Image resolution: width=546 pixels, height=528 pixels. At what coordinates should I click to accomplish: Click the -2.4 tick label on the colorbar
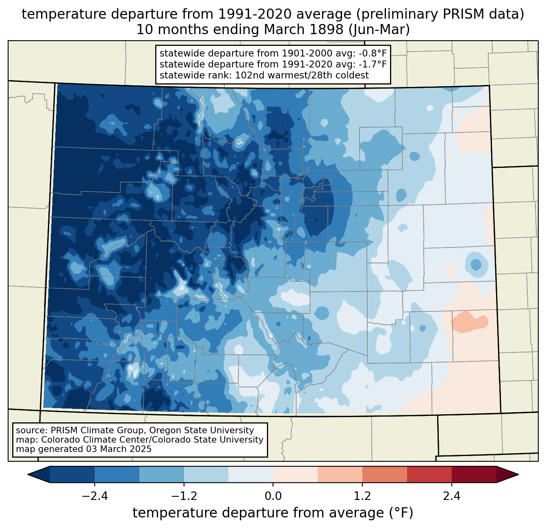tap(95, 496)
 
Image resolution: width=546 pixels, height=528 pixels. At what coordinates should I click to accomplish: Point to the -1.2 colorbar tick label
tap(184, 496)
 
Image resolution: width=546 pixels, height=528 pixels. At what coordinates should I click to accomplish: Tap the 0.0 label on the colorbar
tap(273, 496)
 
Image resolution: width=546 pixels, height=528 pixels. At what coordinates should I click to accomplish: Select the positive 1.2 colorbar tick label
tap(362, 496)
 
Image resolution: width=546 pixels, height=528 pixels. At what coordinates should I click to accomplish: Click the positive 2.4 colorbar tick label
tap(452, 496)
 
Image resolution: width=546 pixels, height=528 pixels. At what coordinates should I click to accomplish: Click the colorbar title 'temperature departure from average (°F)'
tap(273, 513)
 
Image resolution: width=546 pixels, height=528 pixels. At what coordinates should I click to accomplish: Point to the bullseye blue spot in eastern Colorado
tap(476, 265)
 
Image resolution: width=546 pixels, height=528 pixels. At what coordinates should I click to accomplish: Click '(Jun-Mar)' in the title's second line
tap(379, 30)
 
